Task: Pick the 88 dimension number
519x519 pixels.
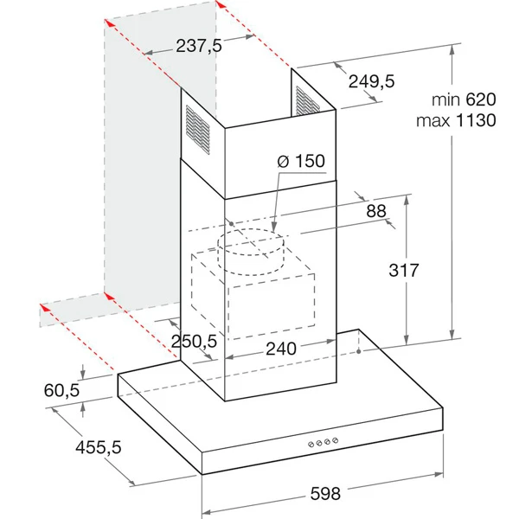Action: tap(375, 210)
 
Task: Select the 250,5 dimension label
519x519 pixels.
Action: tap(193, 342)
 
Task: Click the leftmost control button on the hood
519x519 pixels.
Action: tap(310, 442)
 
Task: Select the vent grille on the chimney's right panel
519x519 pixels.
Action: tap(305, 101)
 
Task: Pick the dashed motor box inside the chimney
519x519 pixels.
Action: tap(259, 294)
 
